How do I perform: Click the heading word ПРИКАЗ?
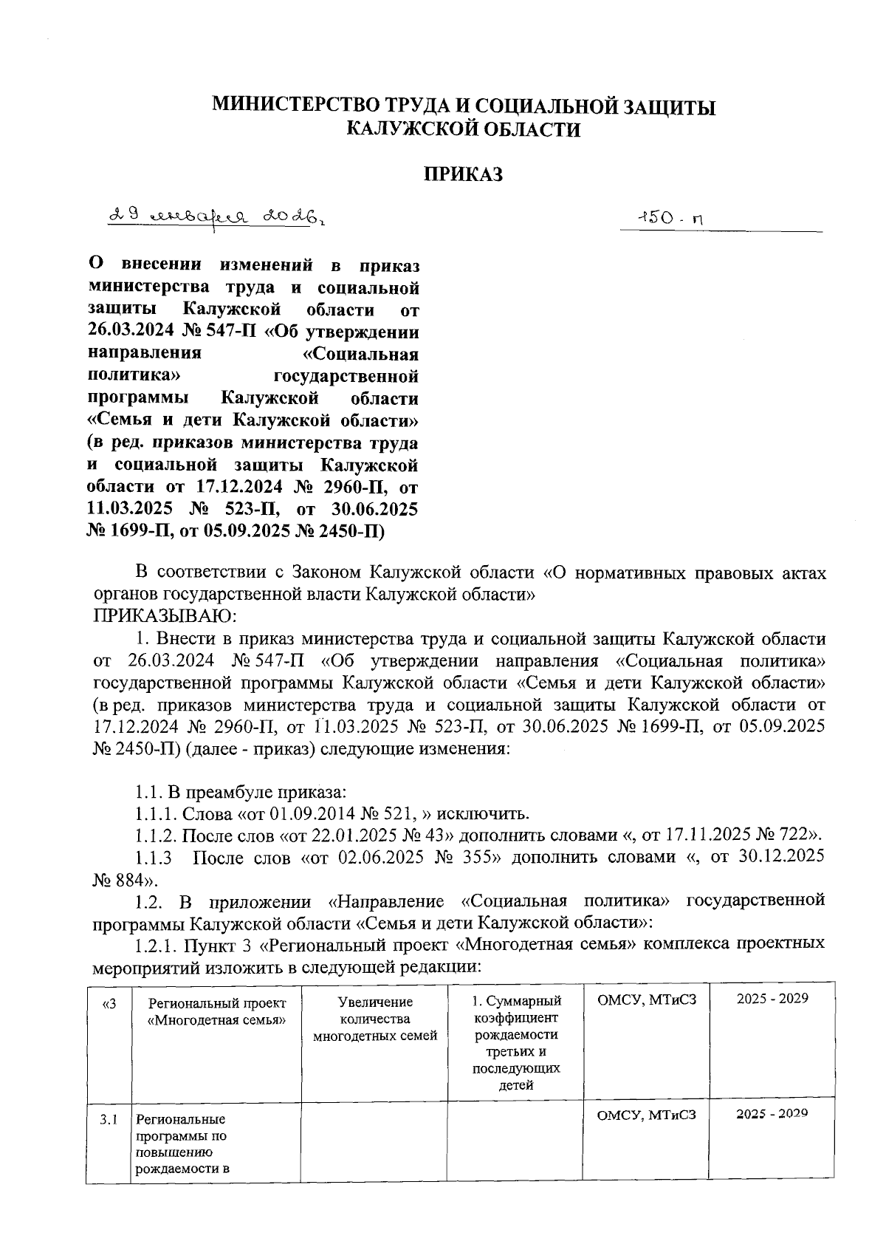463,174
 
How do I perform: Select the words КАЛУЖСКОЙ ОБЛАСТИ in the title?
463,130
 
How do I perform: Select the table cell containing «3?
108,1002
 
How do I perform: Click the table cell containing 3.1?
108,1119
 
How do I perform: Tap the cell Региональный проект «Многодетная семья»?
216,1011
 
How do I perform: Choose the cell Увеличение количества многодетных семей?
375,1019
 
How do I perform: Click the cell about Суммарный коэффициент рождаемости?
516,1042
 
